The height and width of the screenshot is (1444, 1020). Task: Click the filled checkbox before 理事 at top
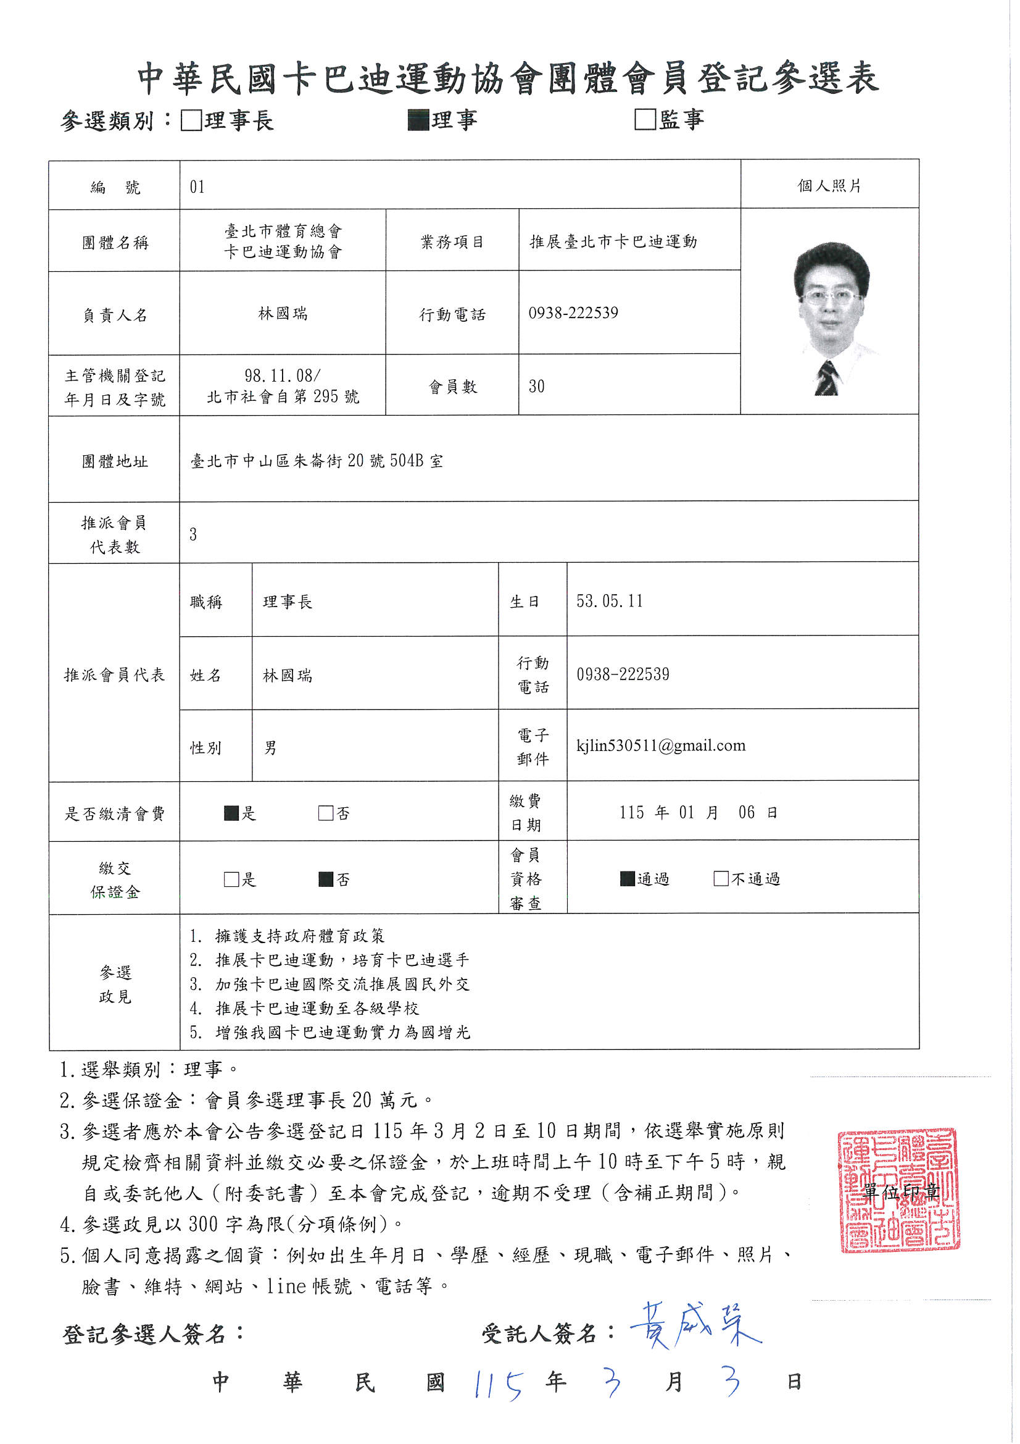[418, 119]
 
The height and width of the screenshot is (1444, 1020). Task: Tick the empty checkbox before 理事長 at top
[191, 120]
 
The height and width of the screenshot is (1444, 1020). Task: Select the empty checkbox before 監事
[645, 119]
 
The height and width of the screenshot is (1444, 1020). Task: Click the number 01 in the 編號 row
[197, 187]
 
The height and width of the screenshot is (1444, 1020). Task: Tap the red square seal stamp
[898, 1190]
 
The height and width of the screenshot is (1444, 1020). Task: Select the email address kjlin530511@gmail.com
[660, 745]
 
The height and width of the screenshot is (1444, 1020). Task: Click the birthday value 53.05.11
[609, 601]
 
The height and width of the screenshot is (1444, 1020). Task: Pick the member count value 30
[536, 386]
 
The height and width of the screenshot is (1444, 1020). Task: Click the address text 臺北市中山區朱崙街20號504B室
[317, 461]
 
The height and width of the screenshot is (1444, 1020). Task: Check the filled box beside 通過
[627, 879]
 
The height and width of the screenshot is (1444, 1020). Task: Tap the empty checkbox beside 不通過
[721, 879]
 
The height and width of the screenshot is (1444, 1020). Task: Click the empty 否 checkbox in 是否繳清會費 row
[326, 813]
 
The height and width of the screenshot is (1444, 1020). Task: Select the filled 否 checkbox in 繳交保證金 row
[326, 879]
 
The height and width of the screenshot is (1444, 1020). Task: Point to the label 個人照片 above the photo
[829, 185]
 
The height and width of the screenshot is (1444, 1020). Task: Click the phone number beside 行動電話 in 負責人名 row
[573, 313]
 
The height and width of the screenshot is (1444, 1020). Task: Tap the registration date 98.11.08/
[282, 376]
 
